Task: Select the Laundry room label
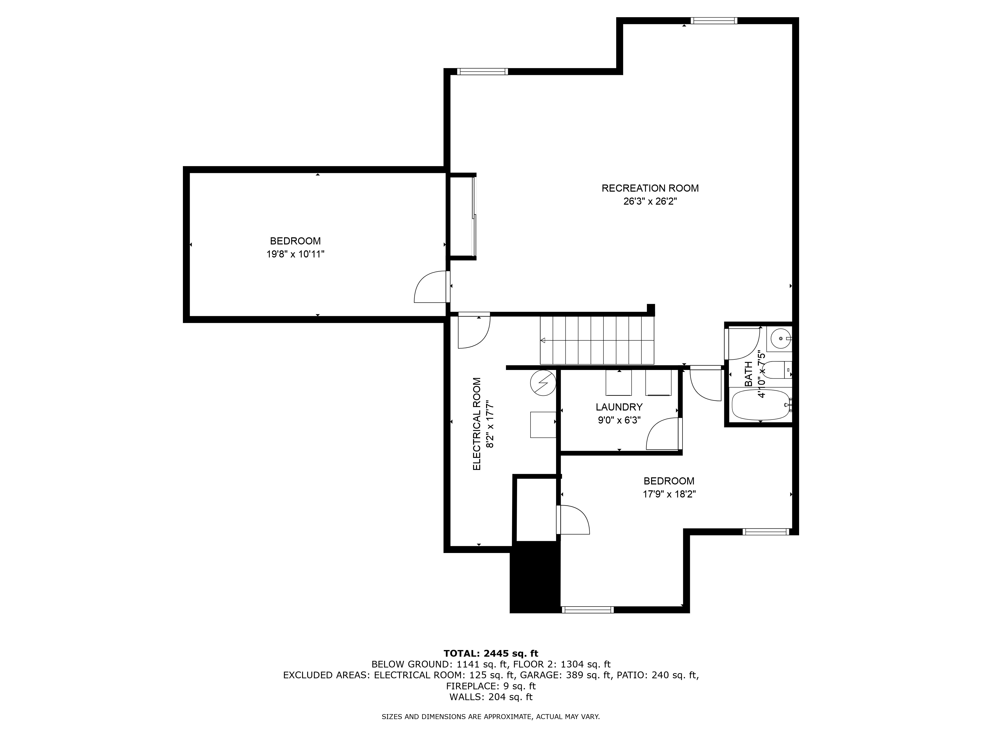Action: click(x=619, y=407)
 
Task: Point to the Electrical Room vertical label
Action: click(x=477, y=424)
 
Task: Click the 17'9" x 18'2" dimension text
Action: click(x=669, y=494)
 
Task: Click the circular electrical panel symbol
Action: click(x=543, y=383)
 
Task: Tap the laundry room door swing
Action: click(x=662, y=434)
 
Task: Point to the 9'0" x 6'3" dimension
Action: click(x=619, y=420)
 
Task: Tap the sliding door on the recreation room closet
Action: click(x=474, y=216)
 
